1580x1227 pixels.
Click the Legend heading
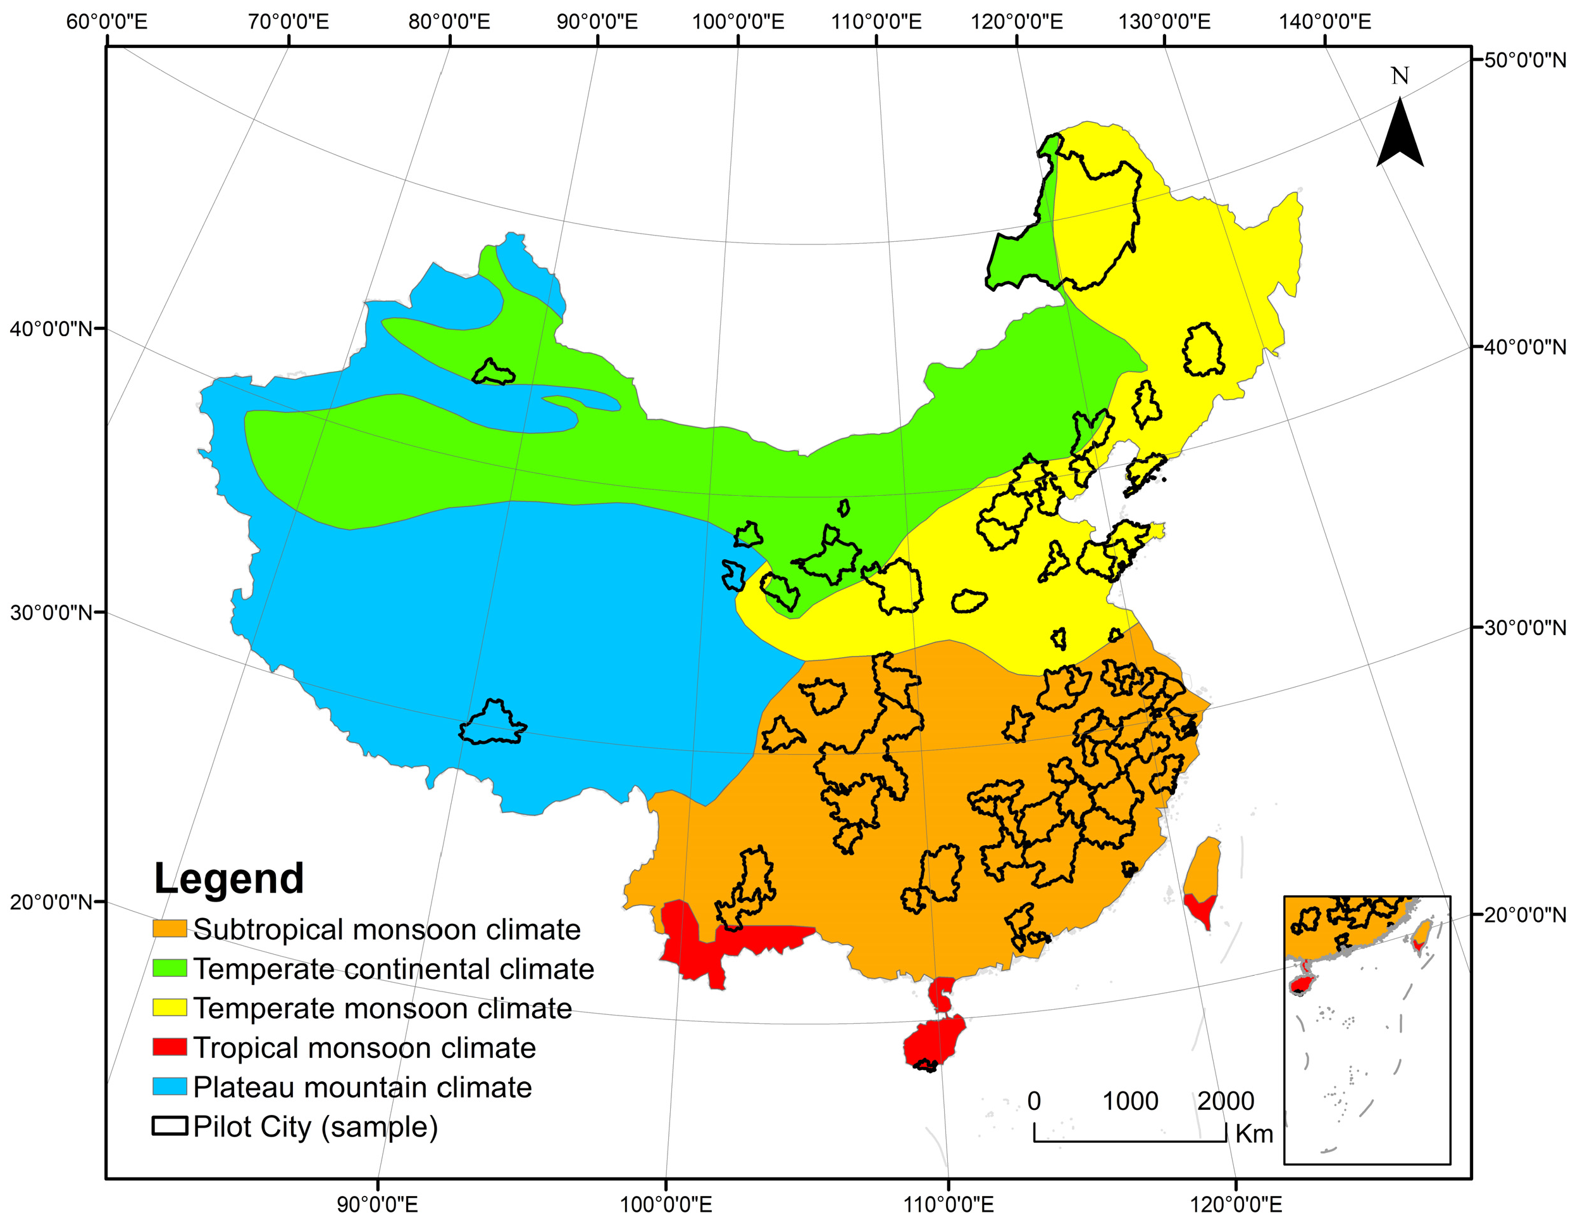228,879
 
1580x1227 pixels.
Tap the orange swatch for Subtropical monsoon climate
170,929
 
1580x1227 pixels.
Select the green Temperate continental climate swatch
170,968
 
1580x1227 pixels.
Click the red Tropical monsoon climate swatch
170,1047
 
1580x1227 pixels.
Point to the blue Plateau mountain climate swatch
170,1086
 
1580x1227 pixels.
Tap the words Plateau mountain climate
363,1087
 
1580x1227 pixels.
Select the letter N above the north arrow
1400,76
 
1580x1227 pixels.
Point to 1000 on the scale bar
1130,1101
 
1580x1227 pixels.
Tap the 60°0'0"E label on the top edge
106,22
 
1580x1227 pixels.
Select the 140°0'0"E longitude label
1324,22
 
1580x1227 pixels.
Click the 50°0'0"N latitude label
1525,60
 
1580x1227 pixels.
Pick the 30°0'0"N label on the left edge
51,612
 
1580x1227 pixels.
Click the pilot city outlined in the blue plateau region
494,724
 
